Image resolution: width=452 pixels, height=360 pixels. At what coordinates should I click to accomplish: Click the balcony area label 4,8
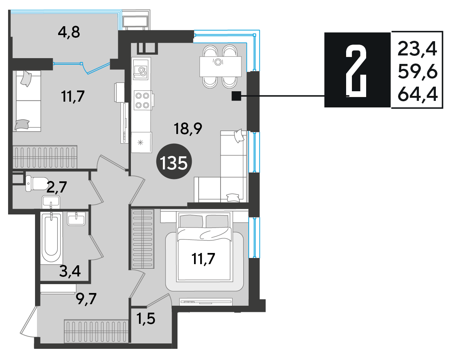tap(69, 32)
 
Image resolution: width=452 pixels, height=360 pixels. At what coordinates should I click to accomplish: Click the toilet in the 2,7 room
tap(37, 183)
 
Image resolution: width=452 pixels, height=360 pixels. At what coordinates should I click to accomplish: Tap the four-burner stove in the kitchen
tap(143, 100)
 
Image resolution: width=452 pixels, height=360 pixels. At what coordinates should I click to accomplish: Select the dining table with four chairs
tap(221, 67)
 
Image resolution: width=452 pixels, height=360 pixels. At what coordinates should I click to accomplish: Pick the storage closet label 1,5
tap(146, 319)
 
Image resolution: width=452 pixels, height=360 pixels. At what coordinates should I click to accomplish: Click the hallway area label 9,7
tap(86, 299)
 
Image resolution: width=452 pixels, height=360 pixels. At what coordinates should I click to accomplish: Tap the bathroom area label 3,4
tap(70, 271)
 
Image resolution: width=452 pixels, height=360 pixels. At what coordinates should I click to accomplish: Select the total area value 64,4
tap(418, 94)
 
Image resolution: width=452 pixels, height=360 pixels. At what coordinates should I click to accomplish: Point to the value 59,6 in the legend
tap(418, 72)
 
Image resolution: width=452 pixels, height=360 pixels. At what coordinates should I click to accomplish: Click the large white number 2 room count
tap(356, 72)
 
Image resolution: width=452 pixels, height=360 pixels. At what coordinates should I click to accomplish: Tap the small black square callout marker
tap(236, 96)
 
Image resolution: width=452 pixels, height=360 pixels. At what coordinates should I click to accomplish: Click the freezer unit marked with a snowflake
tap(141, 142)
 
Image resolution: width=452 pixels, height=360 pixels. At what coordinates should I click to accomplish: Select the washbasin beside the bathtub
tap(76, 218)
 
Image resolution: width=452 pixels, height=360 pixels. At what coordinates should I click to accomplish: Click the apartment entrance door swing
tap(29, 321)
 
